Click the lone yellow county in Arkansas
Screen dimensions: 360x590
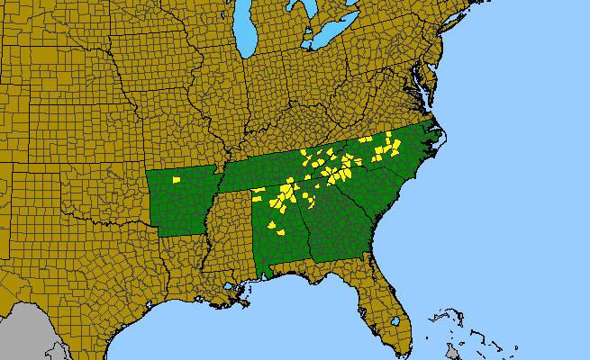pos(177,180)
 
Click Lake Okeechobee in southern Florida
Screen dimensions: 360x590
pos(395,320)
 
